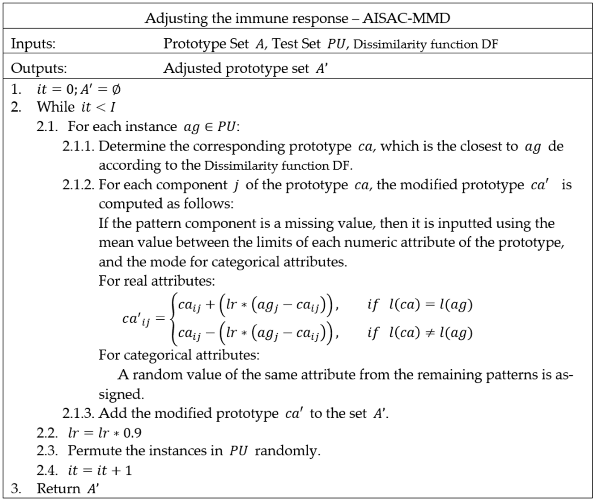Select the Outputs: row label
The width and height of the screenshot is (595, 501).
39,69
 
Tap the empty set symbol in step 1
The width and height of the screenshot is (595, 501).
116,90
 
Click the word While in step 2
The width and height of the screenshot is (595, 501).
56,107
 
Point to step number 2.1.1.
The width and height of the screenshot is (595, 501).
78,146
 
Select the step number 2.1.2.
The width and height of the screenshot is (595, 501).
78,185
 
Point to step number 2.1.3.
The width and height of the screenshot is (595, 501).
78,414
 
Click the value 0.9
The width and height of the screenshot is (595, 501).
132,433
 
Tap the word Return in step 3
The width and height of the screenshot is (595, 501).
59,488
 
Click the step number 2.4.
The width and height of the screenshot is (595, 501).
47,470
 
